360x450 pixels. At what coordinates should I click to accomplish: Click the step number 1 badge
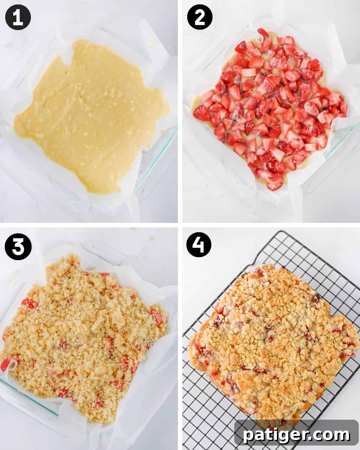18,18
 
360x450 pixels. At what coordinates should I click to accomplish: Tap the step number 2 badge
199,18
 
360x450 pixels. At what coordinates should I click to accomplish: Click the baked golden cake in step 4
270,336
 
